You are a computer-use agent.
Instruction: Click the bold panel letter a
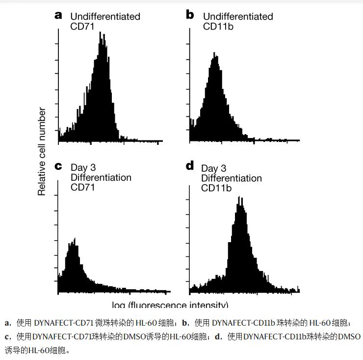59,15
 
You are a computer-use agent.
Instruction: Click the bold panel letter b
190,15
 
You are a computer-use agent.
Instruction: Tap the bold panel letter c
59,167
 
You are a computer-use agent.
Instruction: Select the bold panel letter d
190,166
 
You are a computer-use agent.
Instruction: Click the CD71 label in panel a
82,26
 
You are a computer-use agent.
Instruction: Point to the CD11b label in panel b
218,26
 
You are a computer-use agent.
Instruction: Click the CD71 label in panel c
82,187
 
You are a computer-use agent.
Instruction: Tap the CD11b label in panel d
216,188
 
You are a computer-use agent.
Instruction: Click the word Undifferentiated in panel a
105,17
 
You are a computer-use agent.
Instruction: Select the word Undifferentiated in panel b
238,17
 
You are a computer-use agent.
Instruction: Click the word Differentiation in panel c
101,177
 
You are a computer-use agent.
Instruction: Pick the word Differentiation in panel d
232,178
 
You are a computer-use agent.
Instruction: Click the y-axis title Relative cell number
42,152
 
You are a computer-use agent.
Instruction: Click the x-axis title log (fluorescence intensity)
170,305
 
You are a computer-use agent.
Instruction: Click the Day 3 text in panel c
83,168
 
